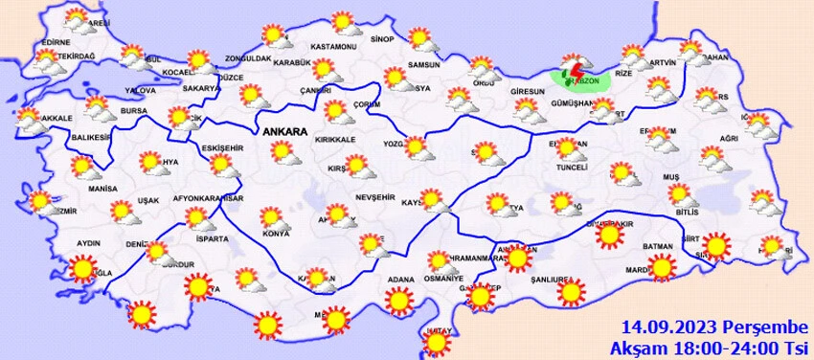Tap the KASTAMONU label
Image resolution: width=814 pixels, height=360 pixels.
coord(334,46)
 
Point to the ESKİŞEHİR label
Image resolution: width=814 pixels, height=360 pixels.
coord(222,148)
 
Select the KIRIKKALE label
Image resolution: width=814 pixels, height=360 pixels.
coord(337,140)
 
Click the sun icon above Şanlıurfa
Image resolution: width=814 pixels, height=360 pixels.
coord(566,288)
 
